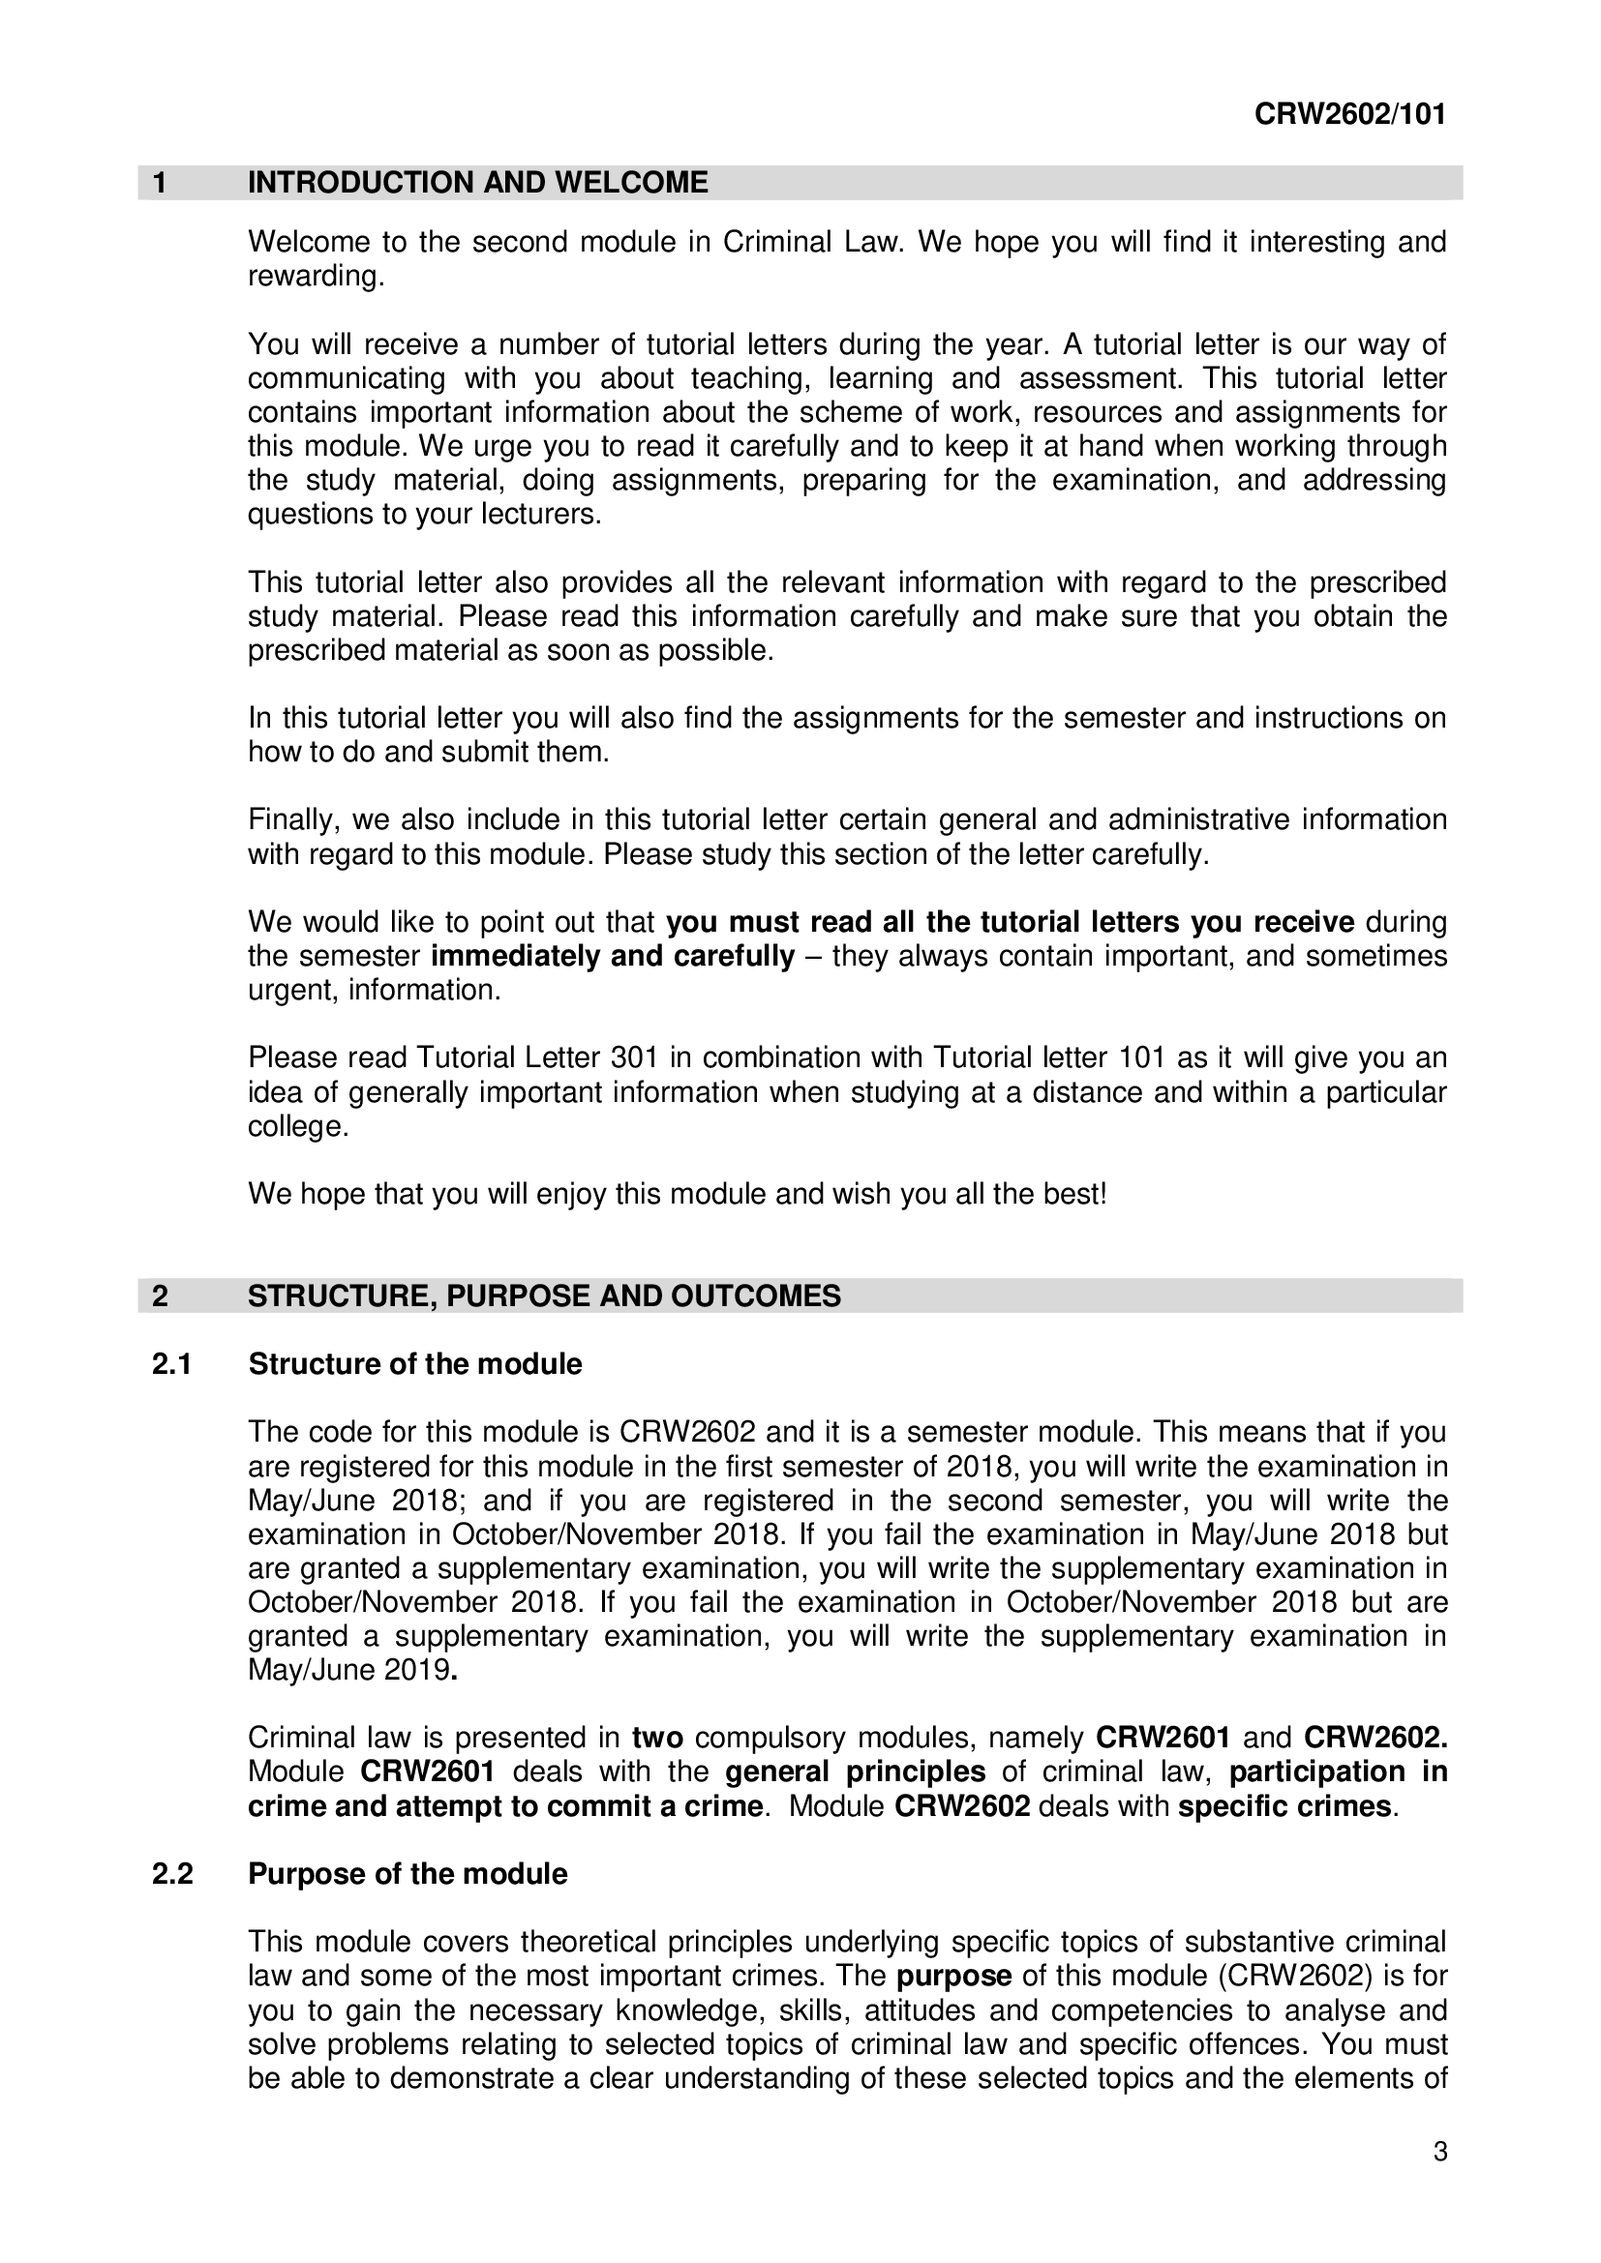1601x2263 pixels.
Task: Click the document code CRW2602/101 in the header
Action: tap(1349, 115)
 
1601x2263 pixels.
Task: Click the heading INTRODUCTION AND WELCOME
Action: tap(477, 183)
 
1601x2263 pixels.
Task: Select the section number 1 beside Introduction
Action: tap(160, 183)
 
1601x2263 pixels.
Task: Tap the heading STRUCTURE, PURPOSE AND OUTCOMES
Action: tap(544, 1296)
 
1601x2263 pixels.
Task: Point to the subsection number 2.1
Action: tap(171, 1364)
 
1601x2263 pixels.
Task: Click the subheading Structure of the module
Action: tap(415, 1364)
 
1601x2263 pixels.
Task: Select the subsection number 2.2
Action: tap(172, 1874)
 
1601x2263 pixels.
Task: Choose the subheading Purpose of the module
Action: tap(408, 1874)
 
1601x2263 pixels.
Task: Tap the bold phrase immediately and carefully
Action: tap(613, 956)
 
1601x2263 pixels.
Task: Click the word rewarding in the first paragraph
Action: tap(315, 277)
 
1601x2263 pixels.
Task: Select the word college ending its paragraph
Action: tap(298, 1126)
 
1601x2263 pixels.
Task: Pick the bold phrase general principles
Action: tap(855, 1772)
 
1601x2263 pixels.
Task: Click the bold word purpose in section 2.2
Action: tap(953, 1977)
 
